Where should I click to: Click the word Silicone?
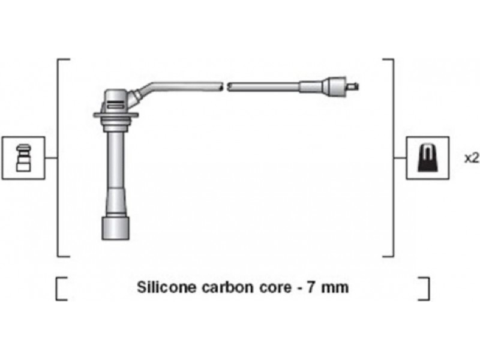(166, 287)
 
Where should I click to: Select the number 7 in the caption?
(311, 287)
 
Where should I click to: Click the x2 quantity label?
(472, 158)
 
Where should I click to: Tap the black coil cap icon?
(428, 158)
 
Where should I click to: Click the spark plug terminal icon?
(23, 158)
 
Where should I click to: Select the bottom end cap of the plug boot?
(115, 228)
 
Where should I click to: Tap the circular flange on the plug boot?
(116, 115)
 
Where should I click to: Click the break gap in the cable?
(225, 86)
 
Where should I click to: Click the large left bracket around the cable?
(58, 158)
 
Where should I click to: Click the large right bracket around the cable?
(393, 158)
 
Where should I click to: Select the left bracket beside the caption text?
(56, 289)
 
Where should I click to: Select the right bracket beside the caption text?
(428, 289)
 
